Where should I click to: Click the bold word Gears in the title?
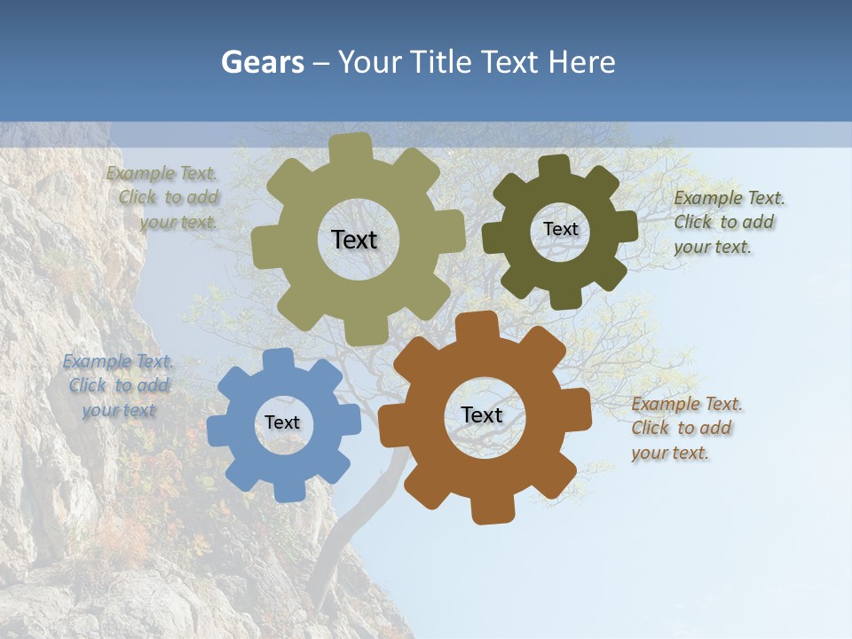click(x=261, y=62)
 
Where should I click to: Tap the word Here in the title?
click(x=581, y=62)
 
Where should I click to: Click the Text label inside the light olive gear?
click(x=354, y=240)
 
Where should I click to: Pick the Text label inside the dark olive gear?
click(x=560, y=229)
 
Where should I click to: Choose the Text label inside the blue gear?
click(x=282, y=422)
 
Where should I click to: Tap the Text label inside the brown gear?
click(x=482, y=414)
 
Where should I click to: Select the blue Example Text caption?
click(x=119, y=386)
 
